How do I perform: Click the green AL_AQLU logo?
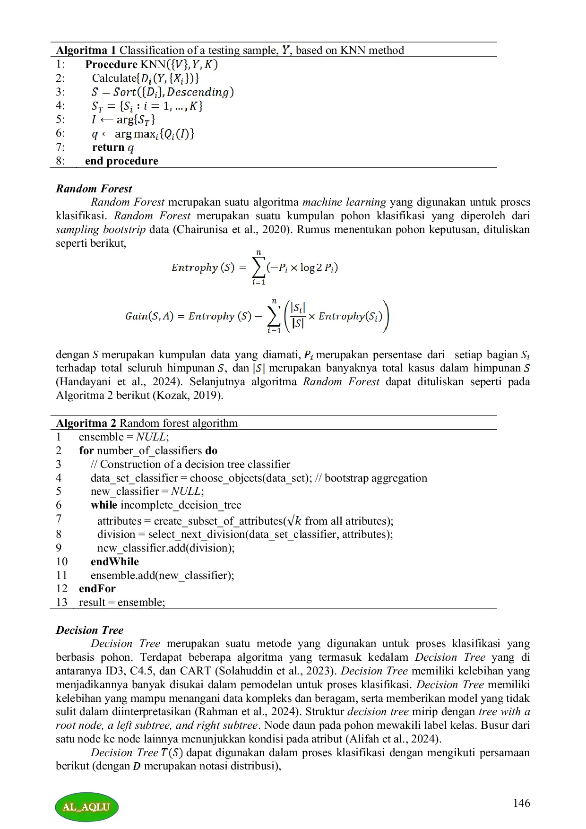pyautogui.click(x=86, y=806)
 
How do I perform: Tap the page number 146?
pyautogui.click(x=521, y=803)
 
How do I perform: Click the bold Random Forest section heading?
pyautogui.click(x=94, y=189)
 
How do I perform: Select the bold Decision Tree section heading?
pyautogui.click(x=89, y=630)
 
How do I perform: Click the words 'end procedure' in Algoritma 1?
pyautogui.click(x=121, y=161)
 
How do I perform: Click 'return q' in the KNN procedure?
pyautogui.click(x=113, y=147)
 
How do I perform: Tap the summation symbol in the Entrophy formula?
pyautogui.click(x=259, y=268)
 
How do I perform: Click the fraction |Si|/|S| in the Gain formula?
pyautogui.click(x=298, y=316)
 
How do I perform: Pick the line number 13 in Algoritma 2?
pyautogui.click(x=61, y=602)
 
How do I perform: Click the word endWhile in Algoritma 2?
pyautogui.click(x=115, y=561)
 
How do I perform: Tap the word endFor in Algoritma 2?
pyautogui.click(x=97, y=588)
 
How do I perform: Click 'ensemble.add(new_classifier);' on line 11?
pyautogui.click(x=162, y=575)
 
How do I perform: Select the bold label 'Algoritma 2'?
pyautogui.click(x=86, y=423)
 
